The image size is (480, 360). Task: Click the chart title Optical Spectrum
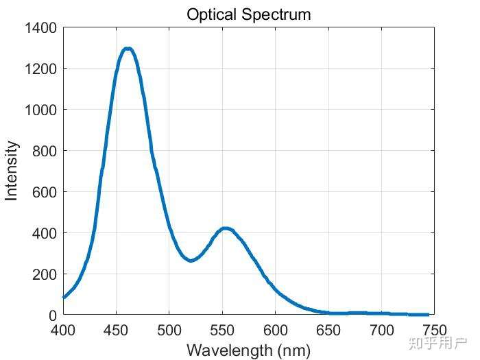[248, 14]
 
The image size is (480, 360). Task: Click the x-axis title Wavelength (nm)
[248, 350]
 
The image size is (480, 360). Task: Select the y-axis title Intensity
[12, 171]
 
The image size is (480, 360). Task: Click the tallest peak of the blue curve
[128, 49]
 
